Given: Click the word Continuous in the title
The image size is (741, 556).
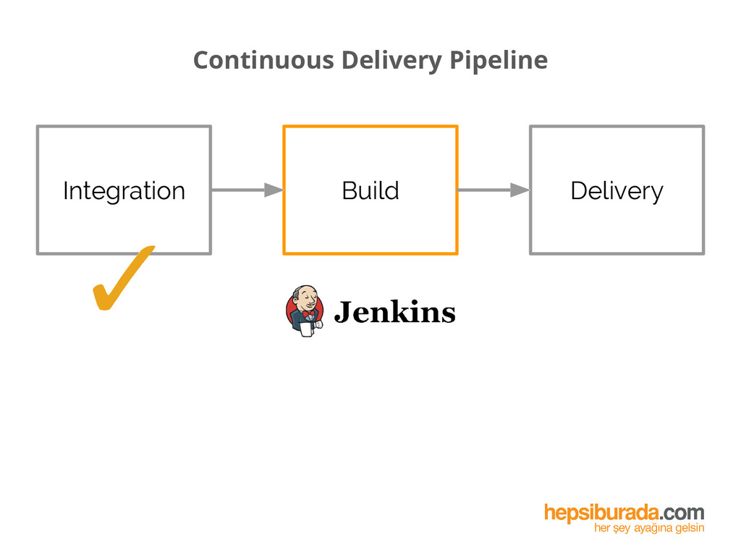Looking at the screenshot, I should click(x=263, y=60).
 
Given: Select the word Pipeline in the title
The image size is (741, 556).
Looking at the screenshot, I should click(x=498, y=60).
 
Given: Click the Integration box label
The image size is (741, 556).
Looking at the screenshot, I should click(x=124, y=190).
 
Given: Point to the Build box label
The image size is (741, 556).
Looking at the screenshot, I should click(x=370, y=190).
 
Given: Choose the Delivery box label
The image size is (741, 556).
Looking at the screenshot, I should click(x=617, y=190).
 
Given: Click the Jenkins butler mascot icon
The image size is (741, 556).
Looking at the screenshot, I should click(x=305, y=312).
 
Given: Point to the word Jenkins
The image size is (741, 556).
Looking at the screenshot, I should click(x=394, y=313).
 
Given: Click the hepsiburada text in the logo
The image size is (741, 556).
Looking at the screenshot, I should click(x=602, y=513).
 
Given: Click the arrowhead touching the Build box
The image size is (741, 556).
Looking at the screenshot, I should click(x=274, y=190).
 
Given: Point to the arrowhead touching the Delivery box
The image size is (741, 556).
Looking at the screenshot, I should click(x=520, y=190).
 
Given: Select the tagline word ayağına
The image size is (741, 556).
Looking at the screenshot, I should click(x=651, y=529).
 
